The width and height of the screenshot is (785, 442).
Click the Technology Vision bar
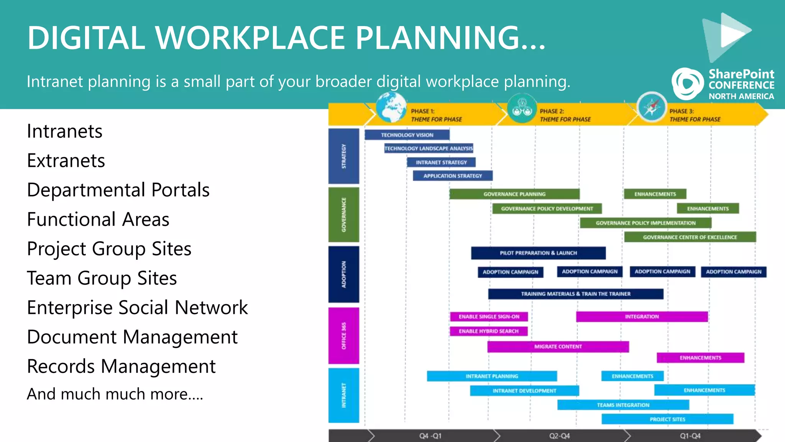(x=407, y=135)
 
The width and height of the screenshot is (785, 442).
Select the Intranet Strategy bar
(x=441, y=162)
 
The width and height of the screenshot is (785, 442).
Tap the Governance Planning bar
(x=514, y=194)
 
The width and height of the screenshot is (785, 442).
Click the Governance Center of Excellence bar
(x=690, y=237)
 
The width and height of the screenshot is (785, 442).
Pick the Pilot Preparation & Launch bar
(x=538, y=253)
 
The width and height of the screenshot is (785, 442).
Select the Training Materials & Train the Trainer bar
(x=575, y=294)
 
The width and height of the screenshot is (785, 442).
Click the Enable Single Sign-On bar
(x=489, y=317)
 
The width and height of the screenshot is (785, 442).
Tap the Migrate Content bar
(x=558, y=346)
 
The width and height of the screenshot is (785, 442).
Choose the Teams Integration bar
(x=623, y=405)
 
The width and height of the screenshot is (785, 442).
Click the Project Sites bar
(x=667, y=419)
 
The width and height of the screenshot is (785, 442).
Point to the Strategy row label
(x=344, y=156)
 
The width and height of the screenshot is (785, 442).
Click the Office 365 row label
(x=344, y=336)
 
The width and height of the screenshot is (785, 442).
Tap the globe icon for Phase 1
(x=391, y=108)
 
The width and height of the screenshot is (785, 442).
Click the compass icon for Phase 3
(x=652, y=107)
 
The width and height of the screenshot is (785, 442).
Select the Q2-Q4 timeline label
(x=559, y=436)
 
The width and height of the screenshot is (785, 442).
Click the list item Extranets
(x=66, y=161)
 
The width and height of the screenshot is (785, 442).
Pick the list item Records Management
(x=121, y=366)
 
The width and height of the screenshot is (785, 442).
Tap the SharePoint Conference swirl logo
(x=687, y=83)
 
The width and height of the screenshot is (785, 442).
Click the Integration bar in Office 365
(x=642, y=317)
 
